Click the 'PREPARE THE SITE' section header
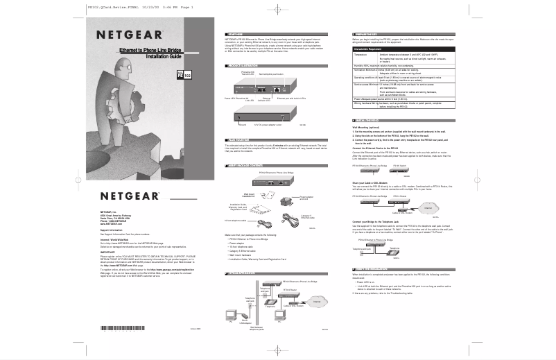367,33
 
